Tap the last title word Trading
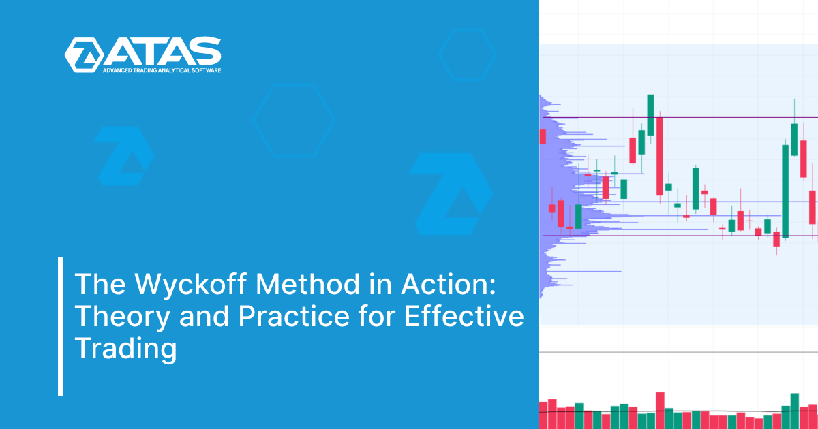point(125,349)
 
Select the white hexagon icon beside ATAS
point(83,54)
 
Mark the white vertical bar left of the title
point(61,325)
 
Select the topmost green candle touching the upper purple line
point(651,114)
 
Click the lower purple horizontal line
point(682,236)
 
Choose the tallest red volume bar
point(660,410)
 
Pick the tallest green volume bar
point(794,411)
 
